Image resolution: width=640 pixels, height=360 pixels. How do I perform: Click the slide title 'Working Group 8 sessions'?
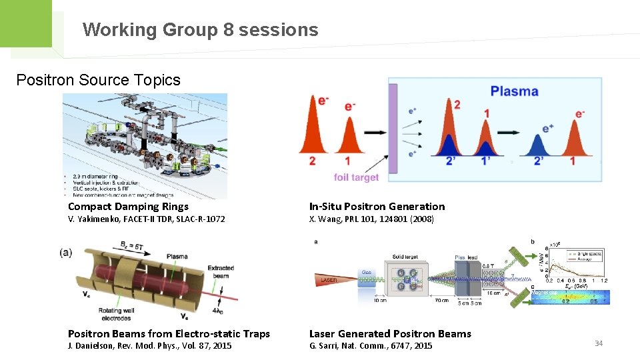[200, 30]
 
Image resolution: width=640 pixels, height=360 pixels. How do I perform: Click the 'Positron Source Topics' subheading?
[98, 80]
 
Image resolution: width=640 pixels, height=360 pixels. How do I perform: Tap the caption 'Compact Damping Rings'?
[128, 207]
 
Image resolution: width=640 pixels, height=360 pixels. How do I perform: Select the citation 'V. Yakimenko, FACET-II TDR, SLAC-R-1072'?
[146, 219]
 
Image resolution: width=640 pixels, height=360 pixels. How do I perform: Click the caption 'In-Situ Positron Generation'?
[377, 207]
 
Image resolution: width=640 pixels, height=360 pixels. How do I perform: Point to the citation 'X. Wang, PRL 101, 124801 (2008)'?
[371, 219]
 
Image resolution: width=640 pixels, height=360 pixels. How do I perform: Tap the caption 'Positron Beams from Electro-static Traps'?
[169, 333]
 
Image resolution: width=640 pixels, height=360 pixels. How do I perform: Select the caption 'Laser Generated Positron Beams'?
[390, 333]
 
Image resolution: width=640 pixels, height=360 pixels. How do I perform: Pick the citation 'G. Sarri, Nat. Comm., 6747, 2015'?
[371, 345]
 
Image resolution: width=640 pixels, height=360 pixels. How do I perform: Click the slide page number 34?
[599, 343]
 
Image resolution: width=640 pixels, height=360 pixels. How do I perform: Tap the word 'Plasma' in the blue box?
[514, 91]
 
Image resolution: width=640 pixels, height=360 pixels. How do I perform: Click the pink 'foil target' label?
[356, 177]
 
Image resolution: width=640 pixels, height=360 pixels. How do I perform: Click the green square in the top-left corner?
[25, 23]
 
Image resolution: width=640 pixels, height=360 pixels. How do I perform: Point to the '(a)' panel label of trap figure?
[66, 253]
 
